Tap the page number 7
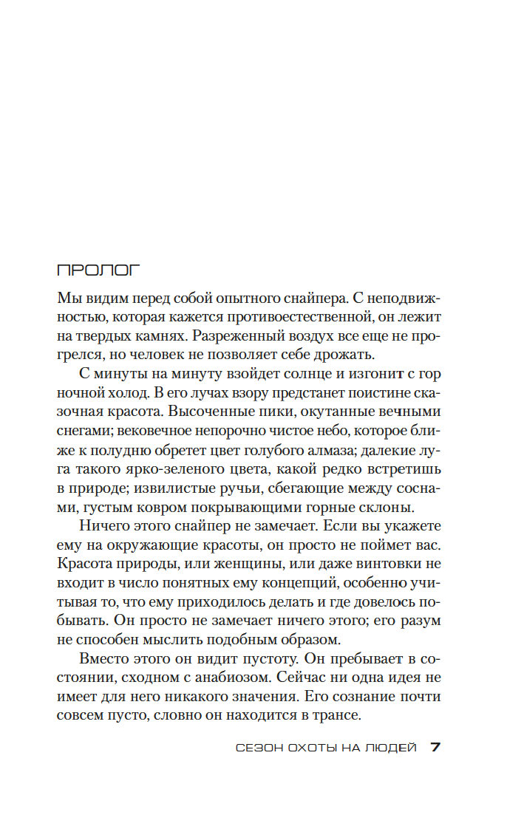tap(436, 747)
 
